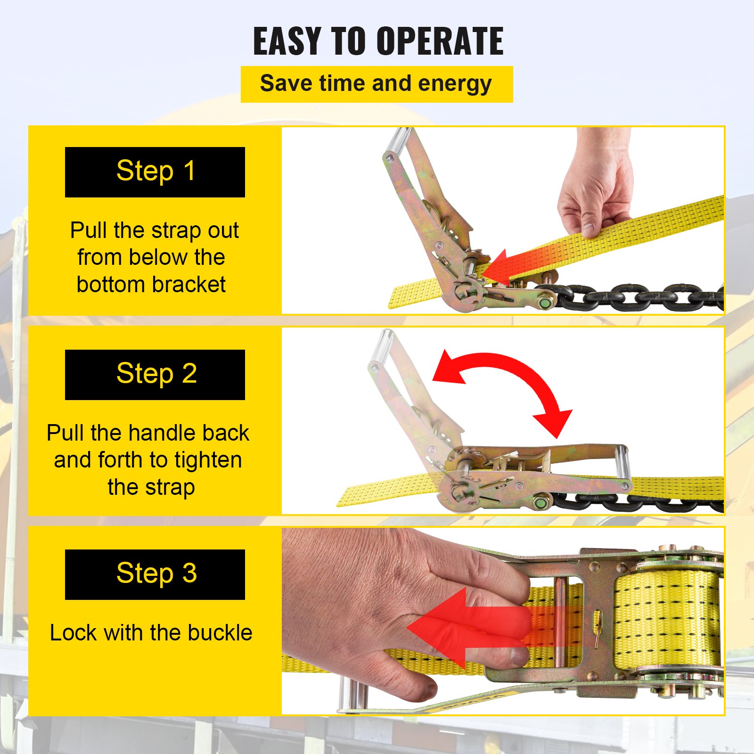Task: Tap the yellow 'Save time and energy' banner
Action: (376, 84)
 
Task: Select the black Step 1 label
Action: (155, 172)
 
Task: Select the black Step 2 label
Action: (155, 375)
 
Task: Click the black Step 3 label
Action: (155, 574)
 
